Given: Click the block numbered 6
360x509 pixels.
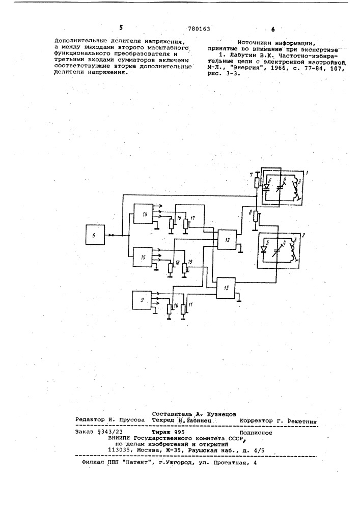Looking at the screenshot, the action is click(x=95, y=235).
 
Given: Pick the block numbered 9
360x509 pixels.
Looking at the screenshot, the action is click(x=142, y=300).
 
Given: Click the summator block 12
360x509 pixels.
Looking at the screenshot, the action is click(x=227, y=240).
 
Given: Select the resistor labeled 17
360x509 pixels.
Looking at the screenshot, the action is click(x=185, y=223).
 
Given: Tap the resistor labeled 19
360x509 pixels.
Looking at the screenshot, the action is click(x=185, y=268).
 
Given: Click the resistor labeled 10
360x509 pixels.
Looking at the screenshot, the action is click(x=169, y=309).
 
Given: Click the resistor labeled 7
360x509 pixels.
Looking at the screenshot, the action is click(x=256, y=182).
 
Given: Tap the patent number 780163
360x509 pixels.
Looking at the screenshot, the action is click(x=199, y=29).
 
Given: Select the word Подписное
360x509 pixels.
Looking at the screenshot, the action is click(x=256, y=433).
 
